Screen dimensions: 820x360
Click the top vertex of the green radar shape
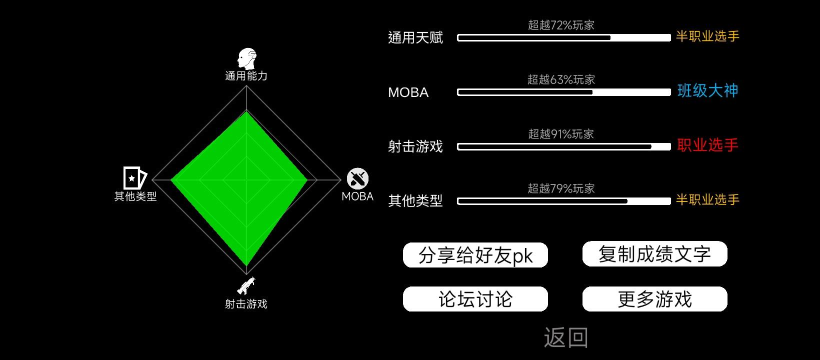[x=246, y=111]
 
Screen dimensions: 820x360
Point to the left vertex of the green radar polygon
[x=171, y=180]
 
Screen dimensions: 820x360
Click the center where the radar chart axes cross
[x=246, y=180]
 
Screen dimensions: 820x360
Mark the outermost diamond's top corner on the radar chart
[x=246, y=85]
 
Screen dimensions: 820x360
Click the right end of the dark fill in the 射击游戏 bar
[x=651, y=146]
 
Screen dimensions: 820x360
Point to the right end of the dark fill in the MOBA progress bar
[x=592, y=92]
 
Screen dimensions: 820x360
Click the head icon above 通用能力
[x=247, y=58]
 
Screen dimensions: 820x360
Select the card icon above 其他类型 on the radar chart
[x=134, y=178]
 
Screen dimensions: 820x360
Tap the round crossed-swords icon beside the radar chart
[x=357, y=178]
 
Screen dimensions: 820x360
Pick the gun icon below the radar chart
[x=246, y=285]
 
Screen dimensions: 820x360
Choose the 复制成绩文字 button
[x=654, y=254]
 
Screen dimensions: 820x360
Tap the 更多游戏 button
[x=654, y=299]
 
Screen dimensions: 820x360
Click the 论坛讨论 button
[x=475, y=299]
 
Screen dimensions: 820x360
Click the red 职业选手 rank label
[x=707, y=145]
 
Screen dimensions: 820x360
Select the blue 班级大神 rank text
[x=707, y=90]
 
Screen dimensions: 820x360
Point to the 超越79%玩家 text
[x=561, y=188]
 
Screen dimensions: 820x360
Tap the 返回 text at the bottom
[x=566, y=337]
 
